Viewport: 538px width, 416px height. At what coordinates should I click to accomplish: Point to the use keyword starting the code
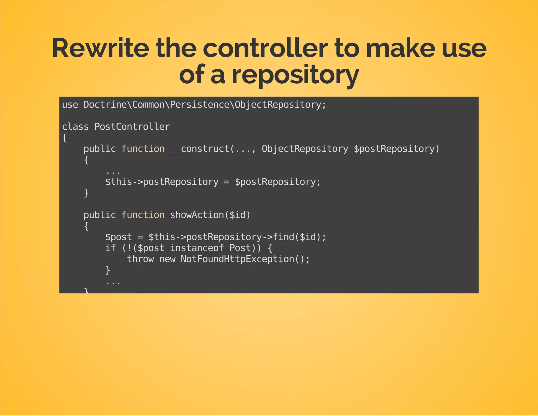(x=70, y=105)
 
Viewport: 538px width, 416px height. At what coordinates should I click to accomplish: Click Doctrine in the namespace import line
(x=105, y=105)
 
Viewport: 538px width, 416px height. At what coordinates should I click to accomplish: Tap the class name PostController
(x=132, y=127)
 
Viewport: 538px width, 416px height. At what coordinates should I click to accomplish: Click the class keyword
(x=75, y=127)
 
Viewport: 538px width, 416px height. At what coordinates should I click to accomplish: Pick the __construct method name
(x=200, y=149)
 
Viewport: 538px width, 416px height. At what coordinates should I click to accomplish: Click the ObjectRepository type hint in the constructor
(x=305, y=149)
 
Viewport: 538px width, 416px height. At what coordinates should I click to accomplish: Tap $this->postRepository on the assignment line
(x=162, y=182)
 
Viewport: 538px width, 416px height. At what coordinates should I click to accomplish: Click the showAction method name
(x=197, y=215)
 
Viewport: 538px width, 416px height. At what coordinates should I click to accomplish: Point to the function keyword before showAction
(x=143, y=215)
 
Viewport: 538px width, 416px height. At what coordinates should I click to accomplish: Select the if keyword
(x=110, y=248)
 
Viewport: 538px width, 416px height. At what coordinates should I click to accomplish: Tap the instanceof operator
(x=197, y=248)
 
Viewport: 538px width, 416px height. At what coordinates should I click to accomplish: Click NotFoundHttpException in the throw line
(x=237, y=259)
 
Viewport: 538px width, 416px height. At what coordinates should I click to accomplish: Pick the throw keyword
(x=140, y=259)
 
